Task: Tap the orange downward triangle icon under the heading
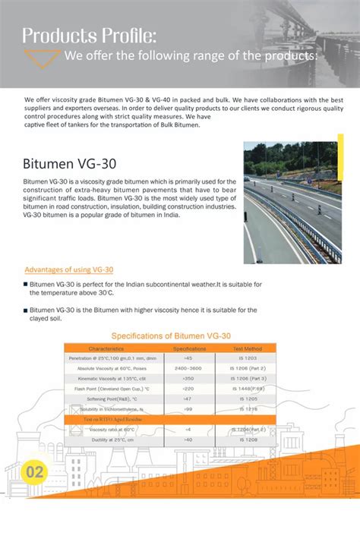pyautogui.click(x=42, y=58)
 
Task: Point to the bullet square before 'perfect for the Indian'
pyautogui.click(x=26, y=284)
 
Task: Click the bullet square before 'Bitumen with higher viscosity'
pyautogui.click(x=26, y=310)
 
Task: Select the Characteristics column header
pyautogui.click(x=111, y=348)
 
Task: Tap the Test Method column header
pyautogui.click(x=247, y=348)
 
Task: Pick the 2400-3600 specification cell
pyautogui.click(x=188, y=367)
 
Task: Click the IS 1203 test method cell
pyautogui.click(x=248, y=358)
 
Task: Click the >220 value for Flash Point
pyautogui.click(x=188, y=388)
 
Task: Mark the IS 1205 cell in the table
pyautogui.click(x=248, y=399)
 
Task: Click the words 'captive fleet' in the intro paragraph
pyautogui.click(x=43, y=125)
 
